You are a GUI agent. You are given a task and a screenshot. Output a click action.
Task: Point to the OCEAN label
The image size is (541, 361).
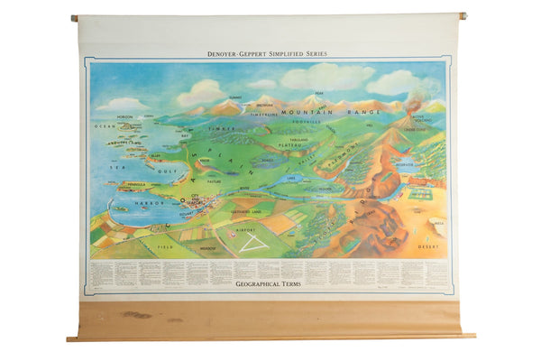tap(100, 126)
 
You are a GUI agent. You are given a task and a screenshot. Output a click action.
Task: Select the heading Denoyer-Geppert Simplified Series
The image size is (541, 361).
tap(267, 54)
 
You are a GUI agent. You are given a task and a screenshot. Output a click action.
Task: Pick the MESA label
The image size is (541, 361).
tap(439, 222)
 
